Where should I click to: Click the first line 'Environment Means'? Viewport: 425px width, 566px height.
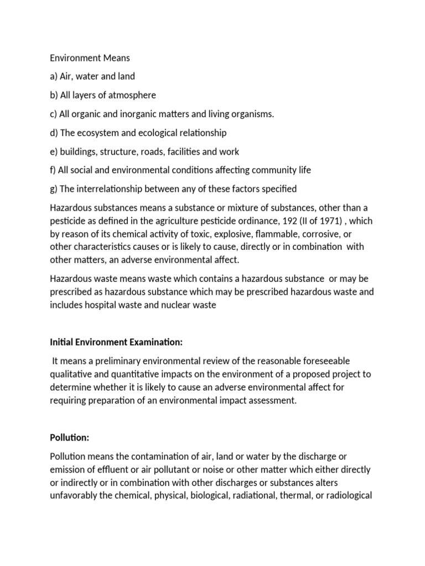pos(90,57)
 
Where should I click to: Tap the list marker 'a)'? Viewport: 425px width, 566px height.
pos(55,76)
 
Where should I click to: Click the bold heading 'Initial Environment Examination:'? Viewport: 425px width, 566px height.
pos(116,342)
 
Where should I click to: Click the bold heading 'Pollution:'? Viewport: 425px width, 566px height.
pos(70,437)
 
